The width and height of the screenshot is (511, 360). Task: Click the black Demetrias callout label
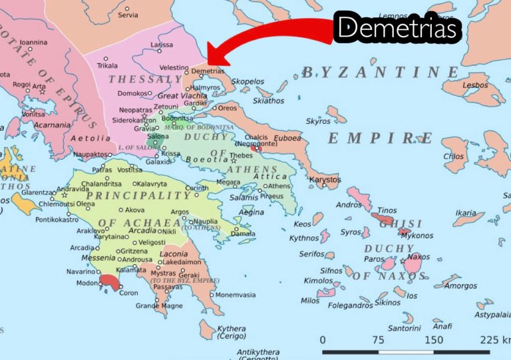click(x=397, y=29)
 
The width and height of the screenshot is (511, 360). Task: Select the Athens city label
click(x=279, y=186)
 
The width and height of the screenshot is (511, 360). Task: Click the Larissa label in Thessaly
click(x=162, y=45)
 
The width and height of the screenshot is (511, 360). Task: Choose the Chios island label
click(x=453, y=157)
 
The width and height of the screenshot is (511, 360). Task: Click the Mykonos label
click(x=417, y=236)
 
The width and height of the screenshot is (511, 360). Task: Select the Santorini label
click(x=405, y=328)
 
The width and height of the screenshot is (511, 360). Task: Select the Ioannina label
click(x=34, y=42)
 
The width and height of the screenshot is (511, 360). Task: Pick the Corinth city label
click(x=196, y=188)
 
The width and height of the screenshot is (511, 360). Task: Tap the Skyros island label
click(x=318, y=122)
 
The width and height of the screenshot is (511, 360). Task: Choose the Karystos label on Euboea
click(x=325, y=180)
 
